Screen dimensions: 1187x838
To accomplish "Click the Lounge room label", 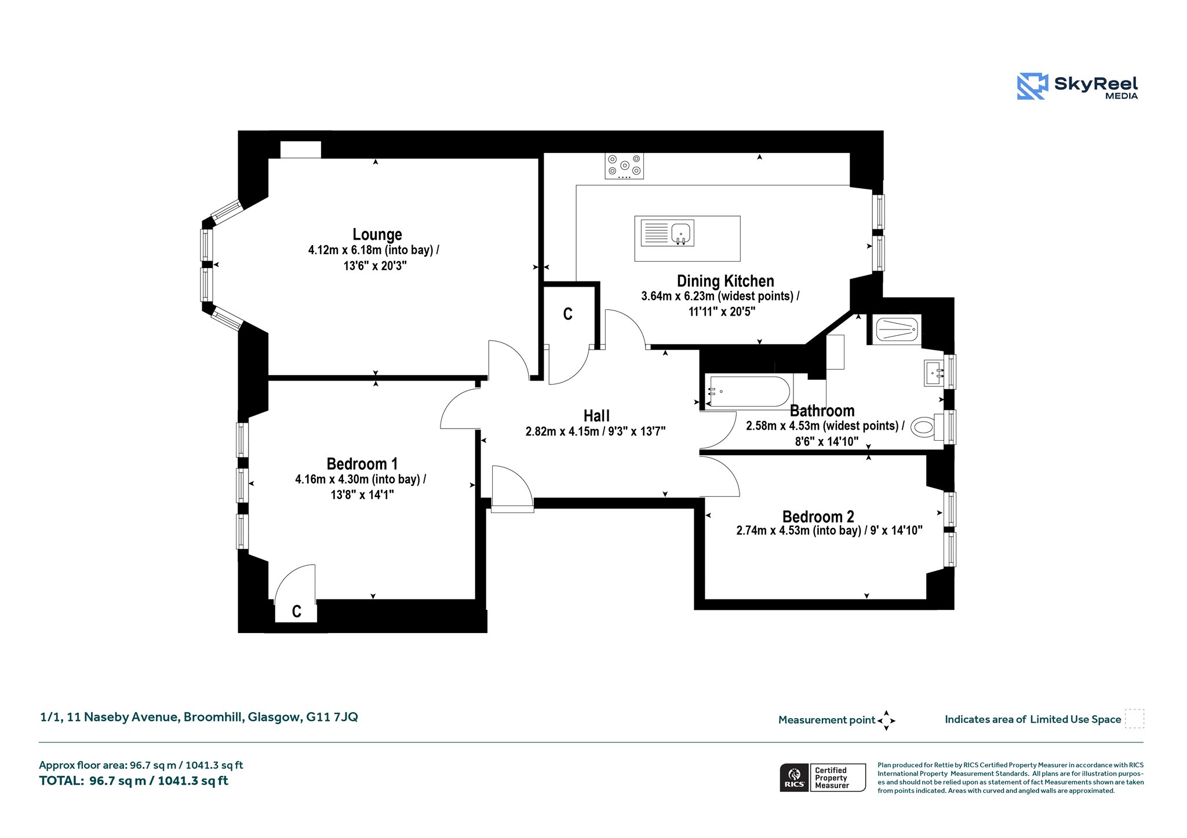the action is pos(377,235).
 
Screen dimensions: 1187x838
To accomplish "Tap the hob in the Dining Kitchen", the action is pos(624,166).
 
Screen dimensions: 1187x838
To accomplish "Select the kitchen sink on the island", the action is pos(668,233).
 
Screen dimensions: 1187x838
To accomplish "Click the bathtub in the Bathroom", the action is pos(748,391).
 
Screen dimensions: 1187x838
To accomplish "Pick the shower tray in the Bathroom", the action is pos(897,330).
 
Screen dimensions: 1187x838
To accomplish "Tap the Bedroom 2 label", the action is pos(818,517).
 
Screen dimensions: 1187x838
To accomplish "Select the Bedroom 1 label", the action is pos(362,464).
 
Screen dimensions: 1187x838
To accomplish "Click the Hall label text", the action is pos(596,416).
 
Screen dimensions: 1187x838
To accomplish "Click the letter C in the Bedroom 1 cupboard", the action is pos(297,612).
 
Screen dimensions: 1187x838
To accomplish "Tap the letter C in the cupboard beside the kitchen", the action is pos(568,314).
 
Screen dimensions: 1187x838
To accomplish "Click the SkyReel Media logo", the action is pos(1077,87).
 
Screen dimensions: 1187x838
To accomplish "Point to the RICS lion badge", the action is pos(795,778).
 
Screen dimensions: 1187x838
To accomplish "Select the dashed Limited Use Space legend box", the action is pos(1134,719).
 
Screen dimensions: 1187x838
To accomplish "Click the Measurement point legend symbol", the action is pos(886,720).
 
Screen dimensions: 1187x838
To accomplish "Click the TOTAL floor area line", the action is pos(134,781).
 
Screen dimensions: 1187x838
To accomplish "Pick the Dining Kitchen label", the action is pos(726,281).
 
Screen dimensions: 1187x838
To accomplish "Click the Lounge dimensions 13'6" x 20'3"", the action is pos(375,266).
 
